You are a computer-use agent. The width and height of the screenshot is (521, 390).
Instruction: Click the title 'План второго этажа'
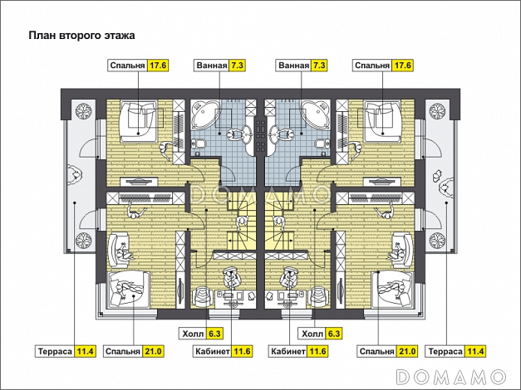(x=81, y=36)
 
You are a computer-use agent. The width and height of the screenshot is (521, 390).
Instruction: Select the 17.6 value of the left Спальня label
(x=158, y=65)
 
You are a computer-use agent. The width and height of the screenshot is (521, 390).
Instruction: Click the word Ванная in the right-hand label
(x=294, y=65)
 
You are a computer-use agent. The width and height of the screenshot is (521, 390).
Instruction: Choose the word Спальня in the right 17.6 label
(x=371, y=65)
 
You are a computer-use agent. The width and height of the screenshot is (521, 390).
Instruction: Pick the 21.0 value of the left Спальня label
(x=153, y=352)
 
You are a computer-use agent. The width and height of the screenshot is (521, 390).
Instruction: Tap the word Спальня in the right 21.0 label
(x=376, y=352)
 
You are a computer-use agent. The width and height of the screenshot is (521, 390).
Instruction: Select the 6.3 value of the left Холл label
(x=214, y=334)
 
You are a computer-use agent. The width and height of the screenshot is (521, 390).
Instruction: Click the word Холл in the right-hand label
(x=312, y=334)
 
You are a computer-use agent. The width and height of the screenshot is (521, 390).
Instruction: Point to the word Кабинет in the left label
(x=212, y=352)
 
